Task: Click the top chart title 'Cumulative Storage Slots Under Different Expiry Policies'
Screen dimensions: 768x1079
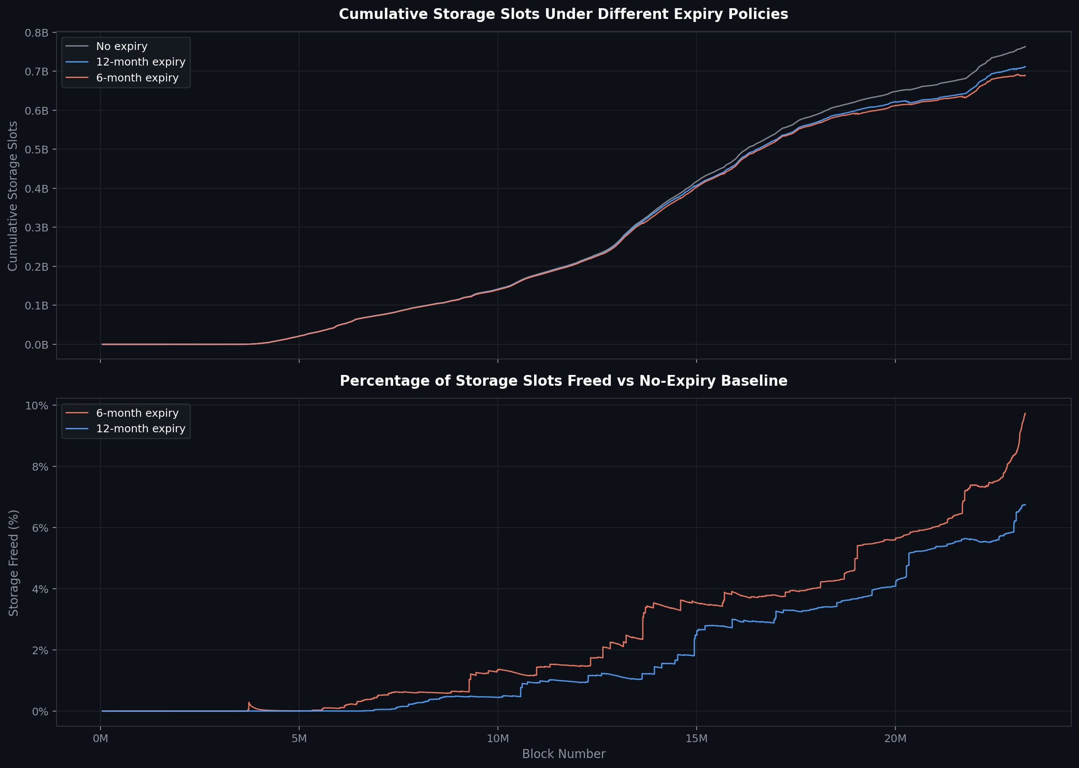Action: click(563, 14)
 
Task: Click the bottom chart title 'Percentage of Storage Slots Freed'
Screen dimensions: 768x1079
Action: click(563, 381)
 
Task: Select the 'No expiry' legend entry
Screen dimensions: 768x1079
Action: click(122, 47)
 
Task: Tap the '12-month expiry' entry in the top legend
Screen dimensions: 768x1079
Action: click(141, 62)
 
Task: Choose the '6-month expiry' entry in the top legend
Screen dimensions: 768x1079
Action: click(137, 78)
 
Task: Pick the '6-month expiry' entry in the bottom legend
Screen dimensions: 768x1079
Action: click(137, 413)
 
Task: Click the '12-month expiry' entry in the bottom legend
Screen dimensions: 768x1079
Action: click(141, 428)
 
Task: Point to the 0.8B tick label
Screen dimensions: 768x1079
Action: click(36, 33)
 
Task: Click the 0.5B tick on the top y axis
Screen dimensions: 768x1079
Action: click(36, 150)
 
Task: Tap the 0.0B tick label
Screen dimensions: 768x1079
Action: click(36, 345)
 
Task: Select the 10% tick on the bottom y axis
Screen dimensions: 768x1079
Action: click(36, 406)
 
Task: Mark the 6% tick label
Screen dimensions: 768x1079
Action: click(40, 528)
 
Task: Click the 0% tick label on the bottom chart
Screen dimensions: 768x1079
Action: click(40, 711)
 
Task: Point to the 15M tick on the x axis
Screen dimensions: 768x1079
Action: click(696, 738)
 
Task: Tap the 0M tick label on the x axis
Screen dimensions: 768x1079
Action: click(100, 738)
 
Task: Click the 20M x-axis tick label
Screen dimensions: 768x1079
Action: click(895, 738)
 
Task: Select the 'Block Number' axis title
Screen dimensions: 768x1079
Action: click(563, 754)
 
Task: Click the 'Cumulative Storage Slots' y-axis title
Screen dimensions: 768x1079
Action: click(13, 196)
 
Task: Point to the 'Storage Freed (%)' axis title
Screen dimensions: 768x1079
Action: click(14, 563)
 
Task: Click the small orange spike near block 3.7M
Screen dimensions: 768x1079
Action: click(249, 703)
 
